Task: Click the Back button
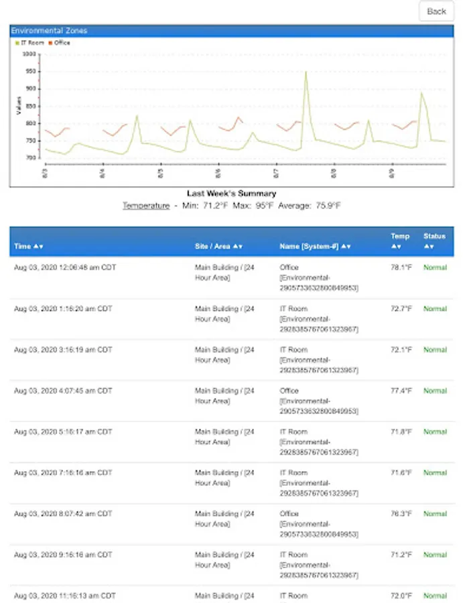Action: pos(436,11)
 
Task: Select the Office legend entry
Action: pos(62,43)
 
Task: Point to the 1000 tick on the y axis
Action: pos(30,54)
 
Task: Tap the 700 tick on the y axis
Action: pos(31,158)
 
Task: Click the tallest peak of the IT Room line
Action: pos(306,72)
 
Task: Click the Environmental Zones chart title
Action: pos(49,31)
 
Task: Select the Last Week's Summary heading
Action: pos(231,194)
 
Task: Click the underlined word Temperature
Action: pos(145,206)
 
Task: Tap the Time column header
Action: pos(28,247)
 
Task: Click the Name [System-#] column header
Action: pos(310,247)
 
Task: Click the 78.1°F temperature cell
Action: pos(401,268)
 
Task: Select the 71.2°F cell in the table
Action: pos(401,555)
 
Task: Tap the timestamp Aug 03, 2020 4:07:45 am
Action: pos(63,391)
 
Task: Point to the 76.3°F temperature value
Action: pos(401,514)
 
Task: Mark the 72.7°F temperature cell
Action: pos(401,309)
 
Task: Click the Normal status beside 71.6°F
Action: pos(435,473)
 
